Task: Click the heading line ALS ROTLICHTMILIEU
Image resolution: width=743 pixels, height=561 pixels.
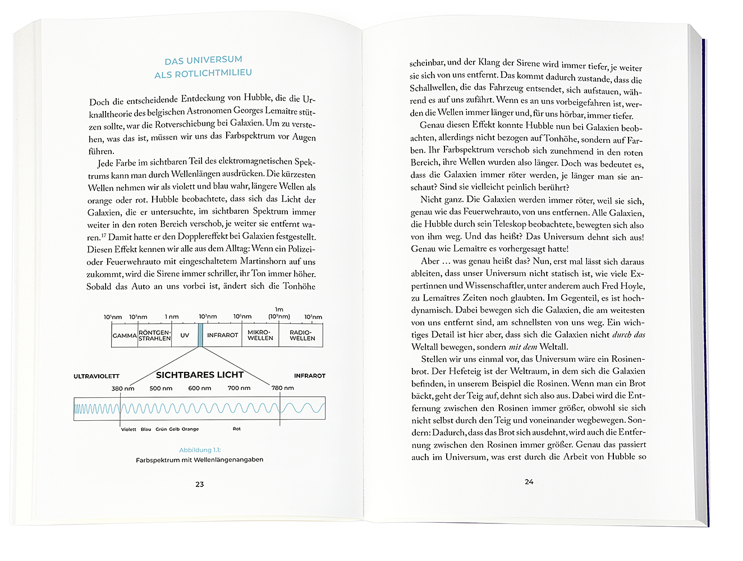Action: click(203, 73)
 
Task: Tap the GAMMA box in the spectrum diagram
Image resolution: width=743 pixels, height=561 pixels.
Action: click(125, 335)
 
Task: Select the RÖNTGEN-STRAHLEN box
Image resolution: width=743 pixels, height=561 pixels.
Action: click(154, 335)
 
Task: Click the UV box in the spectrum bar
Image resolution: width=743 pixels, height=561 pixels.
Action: click(185, 335)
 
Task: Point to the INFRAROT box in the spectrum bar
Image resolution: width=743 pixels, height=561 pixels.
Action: click(222, 335)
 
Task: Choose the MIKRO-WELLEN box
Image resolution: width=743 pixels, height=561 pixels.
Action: click(260, 335)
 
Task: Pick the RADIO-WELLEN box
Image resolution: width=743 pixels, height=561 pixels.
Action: click(302, 335)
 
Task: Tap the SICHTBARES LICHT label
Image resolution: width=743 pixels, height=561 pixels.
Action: click(200, 375)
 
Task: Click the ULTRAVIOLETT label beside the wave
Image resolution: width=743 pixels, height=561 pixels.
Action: click(97, 376)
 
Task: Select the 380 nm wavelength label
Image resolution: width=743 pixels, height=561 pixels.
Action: click(123, 388)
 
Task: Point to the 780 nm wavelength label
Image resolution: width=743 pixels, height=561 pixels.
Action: click(283, 388)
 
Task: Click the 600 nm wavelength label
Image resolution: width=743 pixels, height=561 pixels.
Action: click(200, 388)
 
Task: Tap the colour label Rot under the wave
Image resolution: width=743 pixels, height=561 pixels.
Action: click(236, 429)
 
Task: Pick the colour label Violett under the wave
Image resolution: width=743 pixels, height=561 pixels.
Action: click(129, 429)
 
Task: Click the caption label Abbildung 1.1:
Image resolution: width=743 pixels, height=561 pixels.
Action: click(200, 450)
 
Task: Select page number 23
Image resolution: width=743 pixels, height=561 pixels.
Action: click(199, 484)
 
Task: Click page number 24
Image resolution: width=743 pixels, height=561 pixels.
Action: click(529, 481)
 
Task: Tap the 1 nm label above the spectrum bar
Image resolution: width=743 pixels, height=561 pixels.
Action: click(172, 317)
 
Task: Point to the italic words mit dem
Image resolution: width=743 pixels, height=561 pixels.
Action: click(522, 347)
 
